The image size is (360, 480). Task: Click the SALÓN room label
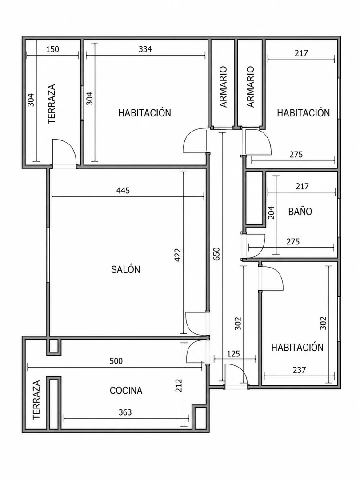pyautogui.click(x=125, y=269)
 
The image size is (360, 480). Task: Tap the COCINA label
pyautogui.click(x=126, y=390)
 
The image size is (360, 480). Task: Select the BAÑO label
pyautogui.click(x=300, y=211)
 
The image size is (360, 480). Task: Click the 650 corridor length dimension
pyautogui.click(x=216, y=254)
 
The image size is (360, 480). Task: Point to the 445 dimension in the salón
pyautogui.click(x=123, y=190)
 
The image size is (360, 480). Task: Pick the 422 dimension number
pyautogui.click(x=177, y=255)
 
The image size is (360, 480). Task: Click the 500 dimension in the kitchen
pyautogui.click(x=116, y=361)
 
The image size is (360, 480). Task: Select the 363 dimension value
pyautogui.click(x=125, y=412)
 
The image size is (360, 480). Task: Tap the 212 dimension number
pyautogui.click(x=179, y=386)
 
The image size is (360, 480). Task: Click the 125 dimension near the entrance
pyautogui.click(x=233, y=354)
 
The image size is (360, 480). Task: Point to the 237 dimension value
pyautogui.click(x=299, y=370)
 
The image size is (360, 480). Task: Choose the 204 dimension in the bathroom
pyautogui.click(x=271, y=212)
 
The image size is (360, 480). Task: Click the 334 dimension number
pyautogui.click(x=145, y=49)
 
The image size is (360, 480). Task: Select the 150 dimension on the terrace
pyautogui.click(x=52, y=49)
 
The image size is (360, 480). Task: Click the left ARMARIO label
pyautogui.click(x=224, y=87)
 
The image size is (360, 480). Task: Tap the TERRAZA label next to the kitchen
pyautogui.click(x=36, y=400)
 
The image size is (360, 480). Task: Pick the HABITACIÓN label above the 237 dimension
pyautogui.click(x=297, y=347)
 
